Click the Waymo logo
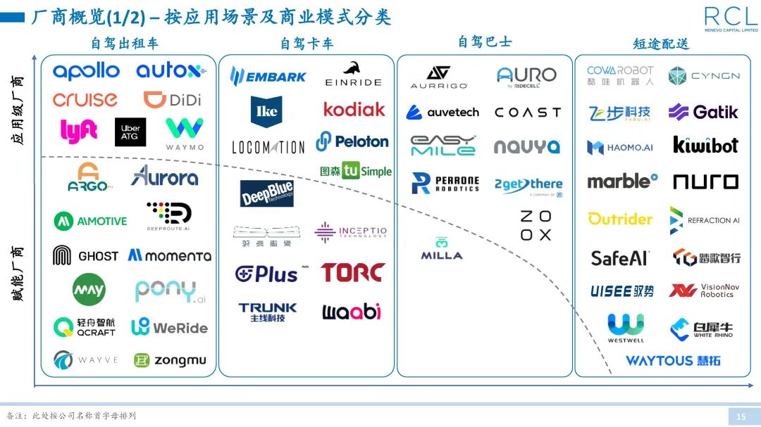pos(185,133)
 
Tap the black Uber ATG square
pos(130,132)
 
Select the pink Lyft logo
pos(78,131)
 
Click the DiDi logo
pos(172,99)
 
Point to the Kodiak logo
pos(354,109)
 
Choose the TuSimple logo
pos(356,170)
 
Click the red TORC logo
pos(353,272)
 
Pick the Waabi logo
pos(352,312)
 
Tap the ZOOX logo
pos(536,226)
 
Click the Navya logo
pos(526,146)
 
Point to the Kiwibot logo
pos(705,145)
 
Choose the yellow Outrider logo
pos(620,219)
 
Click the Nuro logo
pos(705,181)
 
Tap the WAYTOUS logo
pos(673,361)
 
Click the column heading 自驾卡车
pos(307,44)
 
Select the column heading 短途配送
pos(660,44)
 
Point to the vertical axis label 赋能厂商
pos(18,274)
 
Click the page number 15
pos(741,417)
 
